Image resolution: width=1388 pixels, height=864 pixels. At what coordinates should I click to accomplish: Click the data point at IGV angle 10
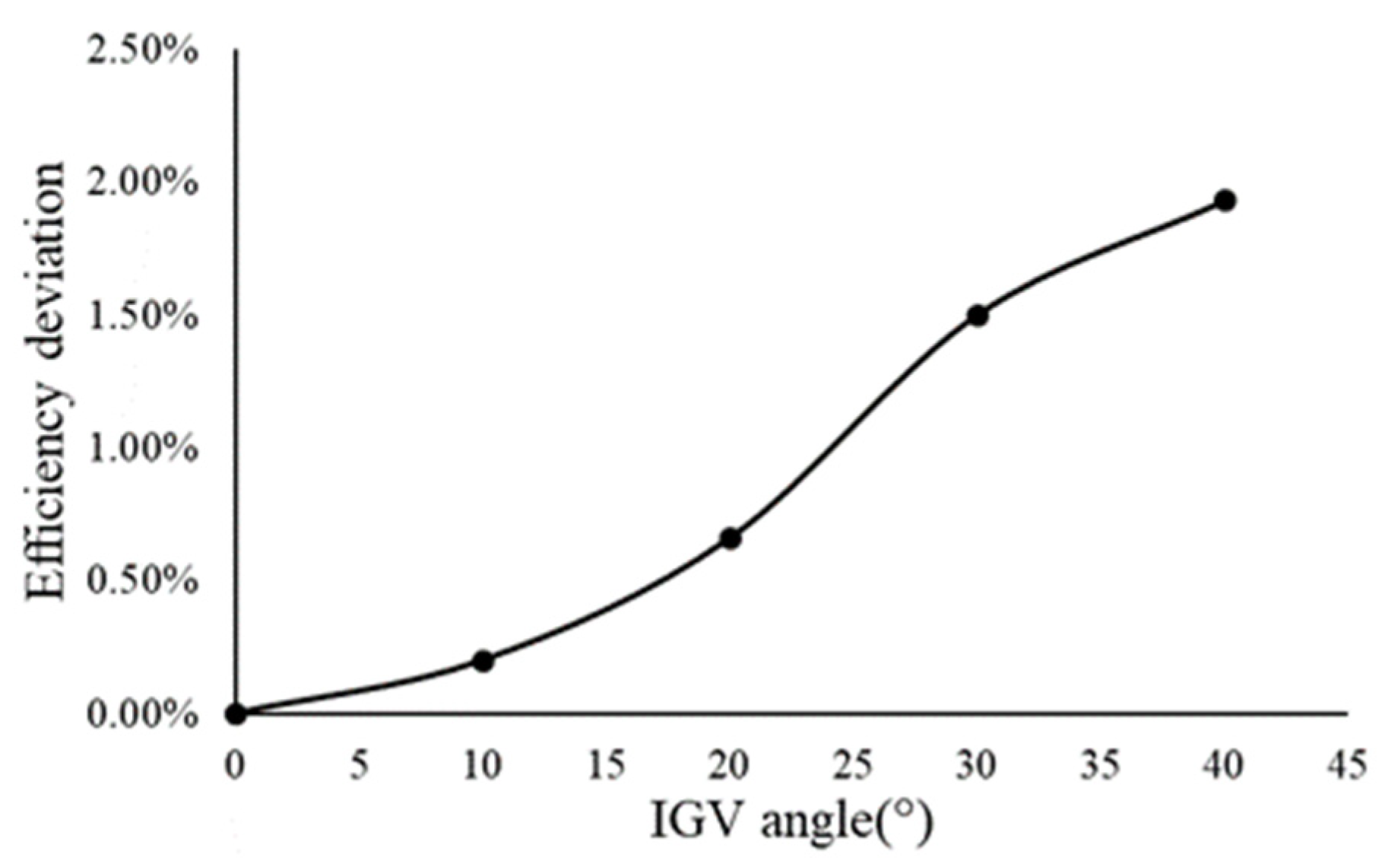pyautogui.click(x=483, y=660)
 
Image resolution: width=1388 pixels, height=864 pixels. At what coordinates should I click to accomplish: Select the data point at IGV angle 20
pyautogui.click(x=730, y=539)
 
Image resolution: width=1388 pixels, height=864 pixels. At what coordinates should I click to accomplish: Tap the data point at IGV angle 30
pyautogui.click(x=978, y=315)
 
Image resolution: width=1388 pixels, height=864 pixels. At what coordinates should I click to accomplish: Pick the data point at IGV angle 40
pyautogui.click(x=1225, y=201)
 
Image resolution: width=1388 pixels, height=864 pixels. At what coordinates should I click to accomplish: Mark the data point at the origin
pyautogui.click(x=236, y=713)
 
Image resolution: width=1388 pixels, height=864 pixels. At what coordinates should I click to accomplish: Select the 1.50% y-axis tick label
pyautogui.click(x=142, y=316)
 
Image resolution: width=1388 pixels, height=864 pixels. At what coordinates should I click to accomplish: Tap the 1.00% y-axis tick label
pyautogui.click(x=142, y=449)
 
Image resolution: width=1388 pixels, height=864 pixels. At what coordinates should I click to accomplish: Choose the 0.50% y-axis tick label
pyautogui.click(x=142, y=581)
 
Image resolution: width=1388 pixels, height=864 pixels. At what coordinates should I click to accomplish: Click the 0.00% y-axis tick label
pyautogui.click(x=142, y=714)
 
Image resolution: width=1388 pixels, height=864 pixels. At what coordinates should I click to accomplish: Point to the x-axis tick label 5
pyautogui.click(x=360, y=764)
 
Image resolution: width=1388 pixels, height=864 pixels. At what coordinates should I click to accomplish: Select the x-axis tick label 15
pyautogui.click(x=607, y=764)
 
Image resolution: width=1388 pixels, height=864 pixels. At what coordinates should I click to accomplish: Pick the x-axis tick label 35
pyautogui.click(x=1101, y=764)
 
